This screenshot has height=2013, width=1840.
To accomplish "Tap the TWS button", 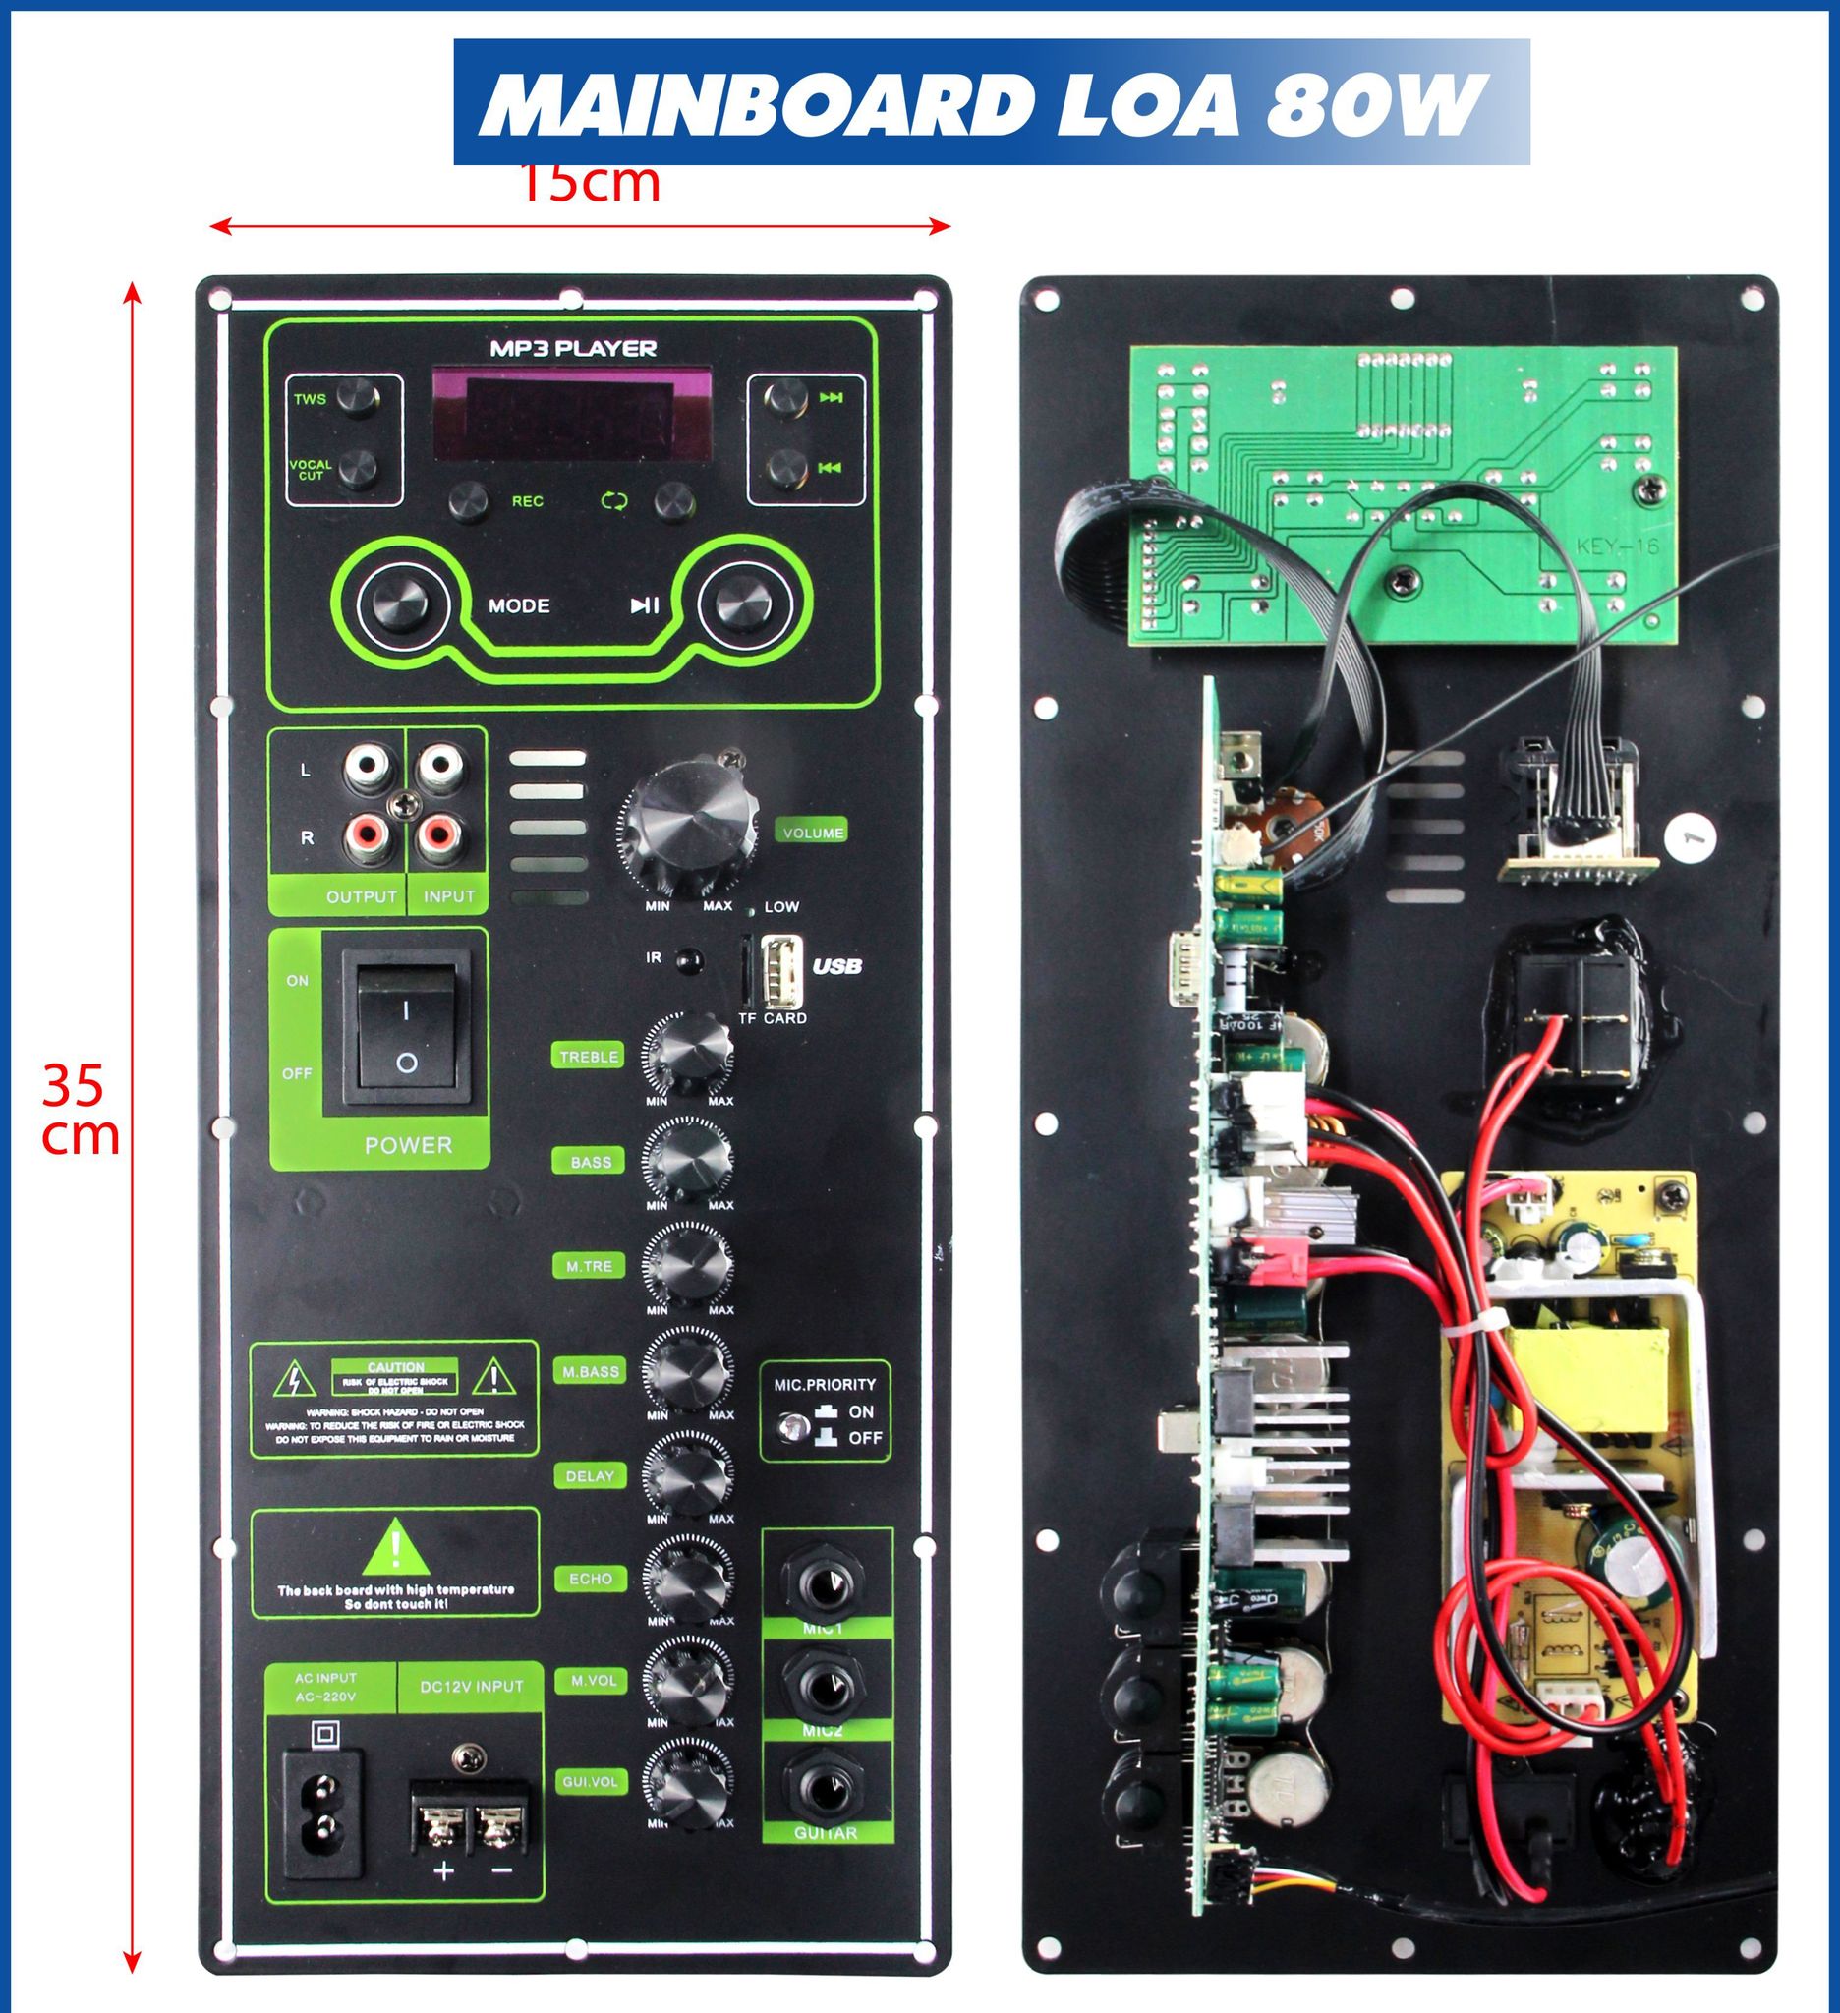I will coord(356,397).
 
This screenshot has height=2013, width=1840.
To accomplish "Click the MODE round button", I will coord(398,604).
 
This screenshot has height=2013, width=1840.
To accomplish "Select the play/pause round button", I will coord(744,604).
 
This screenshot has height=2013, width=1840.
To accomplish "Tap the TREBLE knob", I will coord(688,1055).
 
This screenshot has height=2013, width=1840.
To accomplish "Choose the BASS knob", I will coord(688,1160).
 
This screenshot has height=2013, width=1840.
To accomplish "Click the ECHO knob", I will coord(688,1580).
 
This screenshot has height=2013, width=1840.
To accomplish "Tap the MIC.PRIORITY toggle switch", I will coord(794,1426).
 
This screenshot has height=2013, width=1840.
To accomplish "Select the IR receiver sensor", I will coord(686,961).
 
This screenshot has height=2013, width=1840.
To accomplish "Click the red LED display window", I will coord(571,414).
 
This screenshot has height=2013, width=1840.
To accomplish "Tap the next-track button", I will coord(785,397).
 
